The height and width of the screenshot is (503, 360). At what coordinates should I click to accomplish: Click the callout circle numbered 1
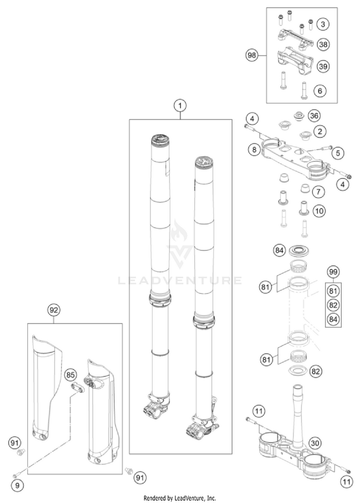click(x=180, y=105)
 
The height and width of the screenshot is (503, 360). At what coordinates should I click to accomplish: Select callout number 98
click(x=252, y=55)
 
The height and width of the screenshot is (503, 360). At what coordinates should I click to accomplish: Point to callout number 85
click(x=71, y=374)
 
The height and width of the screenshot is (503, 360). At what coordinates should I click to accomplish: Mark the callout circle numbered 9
click(x=17, y=486)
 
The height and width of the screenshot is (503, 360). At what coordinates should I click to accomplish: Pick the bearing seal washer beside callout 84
click(x=301, y=250)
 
